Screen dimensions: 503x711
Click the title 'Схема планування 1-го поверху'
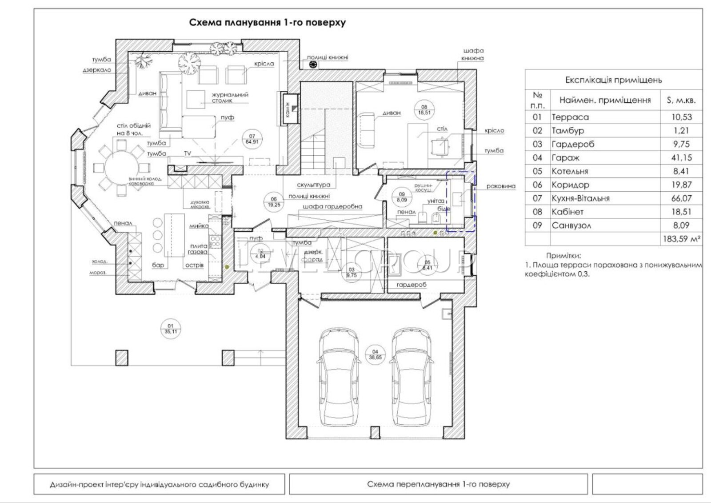(267, 23)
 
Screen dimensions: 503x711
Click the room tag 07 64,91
(252, 139)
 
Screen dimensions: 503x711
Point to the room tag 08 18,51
(424, 110)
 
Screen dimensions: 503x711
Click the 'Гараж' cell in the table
(565, 158)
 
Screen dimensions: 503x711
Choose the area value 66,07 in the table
(681, 198)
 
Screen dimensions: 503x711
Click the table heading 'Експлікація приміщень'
(613, 80)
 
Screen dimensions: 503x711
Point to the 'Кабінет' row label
(567, 212)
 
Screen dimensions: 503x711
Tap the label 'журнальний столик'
(230, 97)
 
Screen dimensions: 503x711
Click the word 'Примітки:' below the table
(563, 256)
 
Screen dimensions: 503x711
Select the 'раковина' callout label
(501, 186)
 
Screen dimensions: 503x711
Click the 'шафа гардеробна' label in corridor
(332, 206)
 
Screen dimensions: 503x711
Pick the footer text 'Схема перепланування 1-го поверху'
(438, 484)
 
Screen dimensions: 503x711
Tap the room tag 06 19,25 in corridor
(274, 202)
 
